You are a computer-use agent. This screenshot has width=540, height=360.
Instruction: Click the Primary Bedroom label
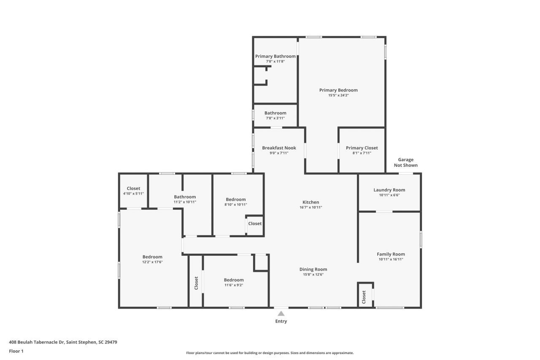[338, 90]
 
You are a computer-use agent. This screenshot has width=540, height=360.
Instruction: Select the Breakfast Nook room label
[279, 148]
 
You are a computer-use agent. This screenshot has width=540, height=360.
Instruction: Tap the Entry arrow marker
[281, 314]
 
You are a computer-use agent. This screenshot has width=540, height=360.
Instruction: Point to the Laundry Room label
[389, 190]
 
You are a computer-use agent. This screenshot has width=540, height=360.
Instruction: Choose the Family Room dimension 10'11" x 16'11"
[391, 260]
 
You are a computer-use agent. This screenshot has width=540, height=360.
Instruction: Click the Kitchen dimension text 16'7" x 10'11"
[310, 207]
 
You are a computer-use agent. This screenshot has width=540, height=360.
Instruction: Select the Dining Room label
[313, 269]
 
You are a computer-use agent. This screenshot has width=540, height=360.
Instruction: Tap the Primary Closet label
[362, 148]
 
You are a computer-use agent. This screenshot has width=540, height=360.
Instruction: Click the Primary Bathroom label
[275, 56]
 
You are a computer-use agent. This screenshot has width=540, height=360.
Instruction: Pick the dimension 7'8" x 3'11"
[275, 118]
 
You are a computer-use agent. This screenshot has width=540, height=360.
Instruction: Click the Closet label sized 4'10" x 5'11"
[133, 188]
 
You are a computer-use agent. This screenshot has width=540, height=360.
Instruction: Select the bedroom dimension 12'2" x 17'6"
[152, 262]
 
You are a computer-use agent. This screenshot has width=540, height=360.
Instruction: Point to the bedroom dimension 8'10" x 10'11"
[235, 205]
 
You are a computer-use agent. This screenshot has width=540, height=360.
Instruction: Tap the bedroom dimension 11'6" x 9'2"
[234, 285]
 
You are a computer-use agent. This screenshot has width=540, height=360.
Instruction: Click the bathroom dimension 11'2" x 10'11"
[185, 202]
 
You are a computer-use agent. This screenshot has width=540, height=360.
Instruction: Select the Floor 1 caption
[16, 351]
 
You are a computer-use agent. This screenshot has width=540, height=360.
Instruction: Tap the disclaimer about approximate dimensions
[270, 353]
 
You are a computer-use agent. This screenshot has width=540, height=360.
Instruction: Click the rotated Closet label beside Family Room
[364, 297]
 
